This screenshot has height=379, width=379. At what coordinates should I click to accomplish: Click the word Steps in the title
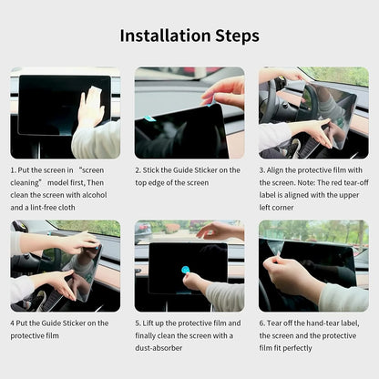(x=235, y=36)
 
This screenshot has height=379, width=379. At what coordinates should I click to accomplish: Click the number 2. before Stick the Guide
(x=138, y=169)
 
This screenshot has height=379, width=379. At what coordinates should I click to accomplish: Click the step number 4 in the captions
(x=14, y=323)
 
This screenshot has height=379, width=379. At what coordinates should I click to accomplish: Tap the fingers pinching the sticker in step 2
(x=211, y=95)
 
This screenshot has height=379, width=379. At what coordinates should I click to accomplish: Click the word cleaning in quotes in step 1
(x=29, y=180)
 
